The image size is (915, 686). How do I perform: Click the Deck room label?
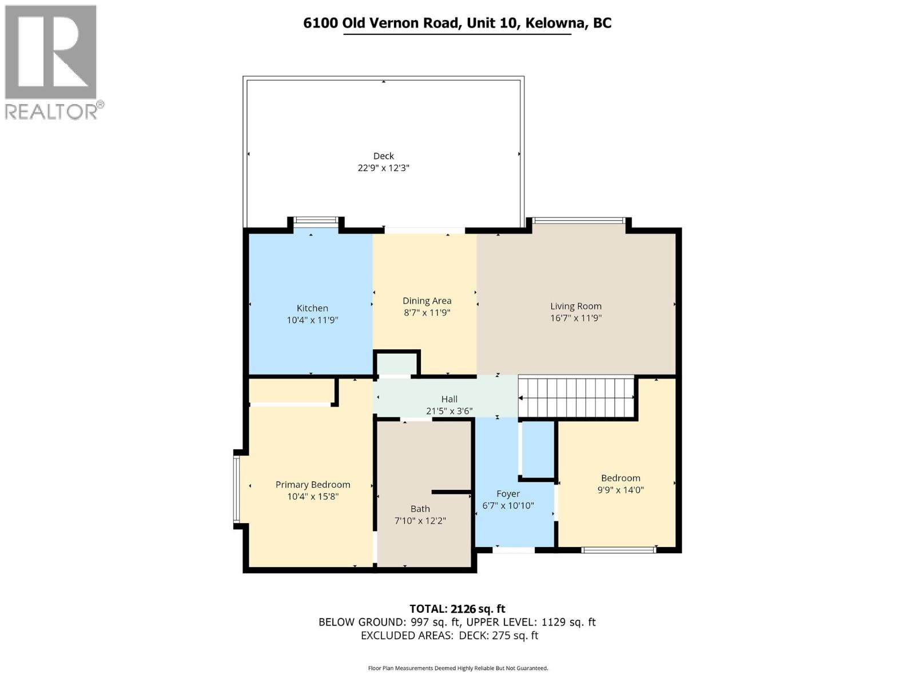pyautogui.click(x=383, y=156)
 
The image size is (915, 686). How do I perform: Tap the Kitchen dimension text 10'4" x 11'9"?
pyautogui.click(x=312, y=321)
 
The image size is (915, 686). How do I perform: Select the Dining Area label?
pyautogui.click(x=427, y=301)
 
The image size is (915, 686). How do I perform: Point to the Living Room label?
pyautogui.click(x=575, y=306)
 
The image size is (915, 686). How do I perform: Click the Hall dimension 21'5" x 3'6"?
pyautogui.click(x=449, y=411)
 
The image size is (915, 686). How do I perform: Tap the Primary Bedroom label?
pyautogui.click(x=312, y=485)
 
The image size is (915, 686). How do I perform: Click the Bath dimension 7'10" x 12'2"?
pyautogui.click(x=420, y=521)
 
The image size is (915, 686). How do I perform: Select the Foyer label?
pyautogui.click(x=508, y=494)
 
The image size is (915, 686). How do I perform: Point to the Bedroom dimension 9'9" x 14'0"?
pyautogui.click(x=620, y=490)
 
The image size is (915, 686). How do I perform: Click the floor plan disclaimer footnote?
pyautogui.click(x=457, y=668)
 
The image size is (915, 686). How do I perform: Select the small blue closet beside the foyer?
pyautogui.click(x=538, y=449)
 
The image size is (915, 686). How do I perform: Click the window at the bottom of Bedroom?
pyautogui.click(x=618, y=550)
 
